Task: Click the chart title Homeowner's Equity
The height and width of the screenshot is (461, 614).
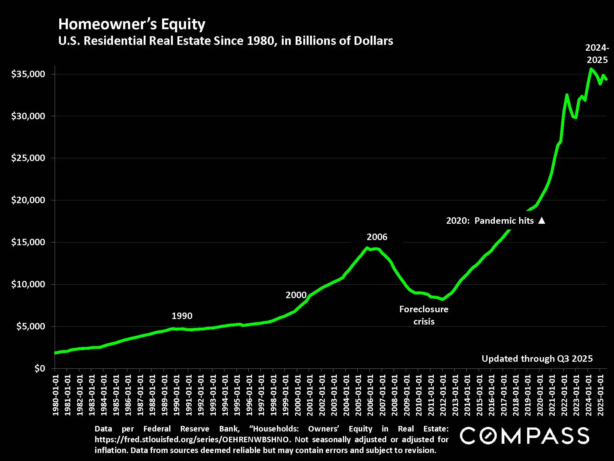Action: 132,24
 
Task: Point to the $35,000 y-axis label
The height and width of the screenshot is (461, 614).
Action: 28,74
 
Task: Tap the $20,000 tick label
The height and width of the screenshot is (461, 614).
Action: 28,200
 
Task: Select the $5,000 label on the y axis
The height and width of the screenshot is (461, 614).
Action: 30,326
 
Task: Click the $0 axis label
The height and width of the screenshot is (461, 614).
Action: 40,368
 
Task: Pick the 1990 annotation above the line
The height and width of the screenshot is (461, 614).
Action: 182,316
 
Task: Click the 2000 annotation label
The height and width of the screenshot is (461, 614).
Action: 296,295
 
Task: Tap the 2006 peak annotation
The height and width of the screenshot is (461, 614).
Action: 377,237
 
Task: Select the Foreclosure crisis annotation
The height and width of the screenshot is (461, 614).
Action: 424,315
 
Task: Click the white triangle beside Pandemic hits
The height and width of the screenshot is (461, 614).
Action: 542,220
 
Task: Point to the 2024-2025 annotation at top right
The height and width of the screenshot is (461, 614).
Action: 597,54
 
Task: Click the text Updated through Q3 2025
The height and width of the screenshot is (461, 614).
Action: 537,359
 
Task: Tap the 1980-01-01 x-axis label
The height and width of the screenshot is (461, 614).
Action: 56,395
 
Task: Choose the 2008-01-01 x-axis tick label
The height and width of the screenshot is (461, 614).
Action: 394,395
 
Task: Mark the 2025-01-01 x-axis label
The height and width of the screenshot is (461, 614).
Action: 600,395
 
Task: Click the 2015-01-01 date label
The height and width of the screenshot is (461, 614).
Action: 479,395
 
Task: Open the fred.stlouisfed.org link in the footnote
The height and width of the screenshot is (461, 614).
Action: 192,439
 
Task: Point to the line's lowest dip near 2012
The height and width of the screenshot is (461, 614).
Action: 442,299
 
